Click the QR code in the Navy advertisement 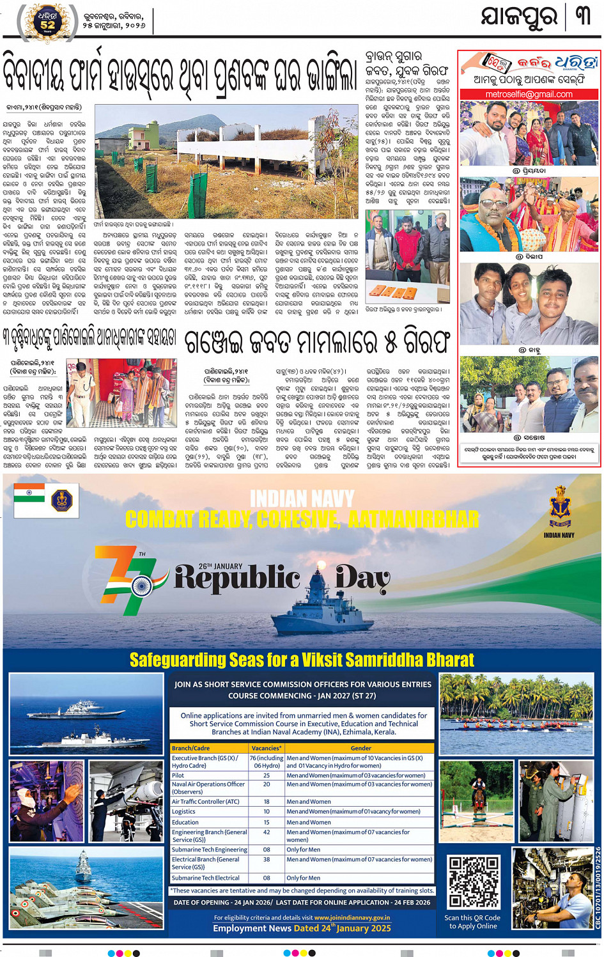(474, 882)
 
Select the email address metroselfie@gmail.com (529, 94)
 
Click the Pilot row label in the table (178, 775)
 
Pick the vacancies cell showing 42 (267, 832)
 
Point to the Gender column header (360, 748)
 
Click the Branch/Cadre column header (190, 748)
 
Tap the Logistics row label (183, 812)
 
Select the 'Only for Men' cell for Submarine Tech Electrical (303, 878)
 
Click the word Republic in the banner (237, 577)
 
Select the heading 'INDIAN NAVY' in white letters (302, 499)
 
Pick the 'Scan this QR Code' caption (472, 921)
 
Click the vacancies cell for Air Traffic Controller (267, 802)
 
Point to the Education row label (185, 822)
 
